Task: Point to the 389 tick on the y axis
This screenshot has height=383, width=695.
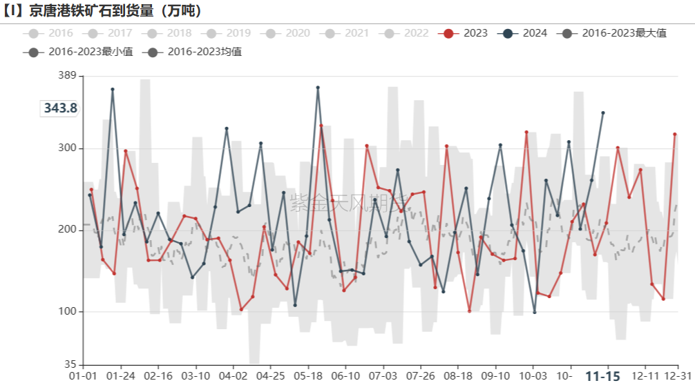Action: tap(67, 75)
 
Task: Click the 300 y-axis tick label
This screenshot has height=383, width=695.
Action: tap(67, 148)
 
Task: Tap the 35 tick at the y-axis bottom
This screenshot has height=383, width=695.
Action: tap(70, 364)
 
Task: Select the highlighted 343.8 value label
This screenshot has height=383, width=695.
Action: tap(60, 108)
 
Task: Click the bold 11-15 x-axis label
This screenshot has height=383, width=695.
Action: tap(602, 376)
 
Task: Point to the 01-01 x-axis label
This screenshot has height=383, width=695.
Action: tap(84, 376)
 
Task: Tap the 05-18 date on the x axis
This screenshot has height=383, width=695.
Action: tap(308, 376)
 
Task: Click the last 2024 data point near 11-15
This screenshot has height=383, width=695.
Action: tap(603, 112)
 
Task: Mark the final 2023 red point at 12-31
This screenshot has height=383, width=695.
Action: tap(675, 134)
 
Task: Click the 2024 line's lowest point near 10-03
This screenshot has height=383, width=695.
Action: tap(535, 312)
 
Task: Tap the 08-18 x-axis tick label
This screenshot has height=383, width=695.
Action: tap(457, 376)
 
